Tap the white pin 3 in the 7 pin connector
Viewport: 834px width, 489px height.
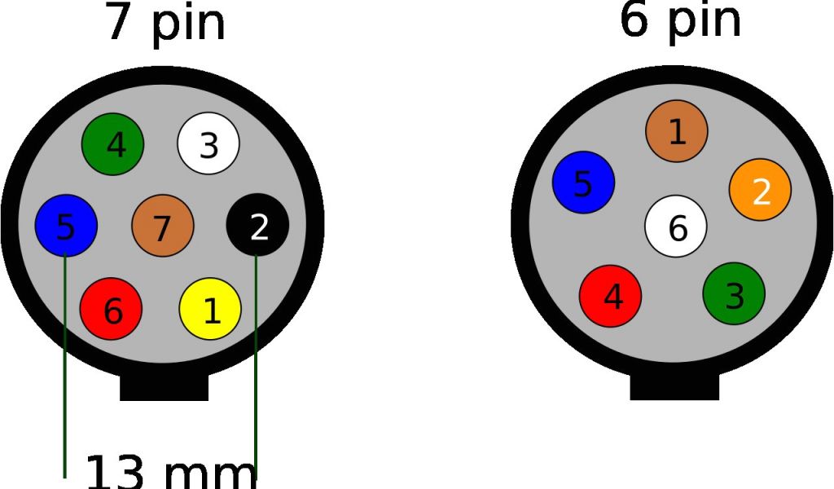[208, 143]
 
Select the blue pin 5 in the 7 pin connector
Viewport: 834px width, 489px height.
[66, 226]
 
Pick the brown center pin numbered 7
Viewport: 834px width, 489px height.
[163, 226]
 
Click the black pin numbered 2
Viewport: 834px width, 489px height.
[257, 226]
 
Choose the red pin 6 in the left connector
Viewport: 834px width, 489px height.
[111, 309]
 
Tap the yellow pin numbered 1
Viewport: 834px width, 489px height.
[210, 309]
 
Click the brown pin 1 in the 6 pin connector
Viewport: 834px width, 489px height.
[677, 130]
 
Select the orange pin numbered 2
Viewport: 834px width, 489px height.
[760, 190]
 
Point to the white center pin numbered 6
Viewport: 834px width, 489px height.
[676, 226]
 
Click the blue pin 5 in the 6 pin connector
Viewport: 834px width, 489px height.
[583, 183]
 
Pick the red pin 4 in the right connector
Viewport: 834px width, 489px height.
[610, 295]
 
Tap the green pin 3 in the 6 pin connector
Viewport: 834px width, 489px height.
[734, 293]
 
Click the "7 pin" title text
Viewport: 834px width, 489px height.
[165, 23]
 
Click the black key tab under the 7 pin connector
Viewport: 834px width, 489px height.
[164, 387]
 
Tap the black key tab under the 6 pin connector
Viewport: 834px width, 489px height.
[674, 387]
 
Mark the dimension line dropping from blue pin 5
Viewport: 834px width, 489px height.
[64, 367]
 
